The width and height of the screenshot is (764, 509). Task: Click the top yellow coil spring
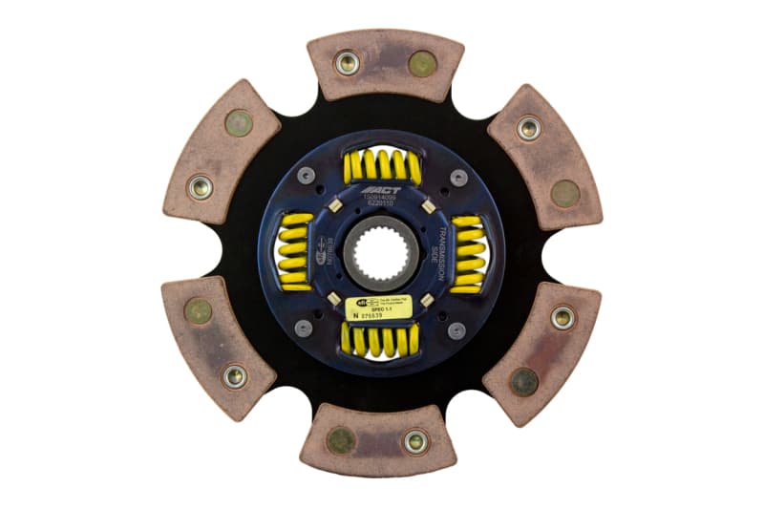(382, 166)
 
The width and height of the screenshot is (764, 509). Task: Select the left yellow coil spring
(295, 252)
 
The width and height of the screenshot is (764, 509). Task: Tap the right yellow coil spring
(468, 253)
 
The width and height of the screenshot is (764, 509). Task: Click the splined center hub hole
(381, 253)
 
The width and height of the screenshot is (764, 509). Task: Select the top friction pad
(385, 65)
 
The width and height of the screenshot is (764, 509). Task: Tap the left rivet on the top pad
(347, 63)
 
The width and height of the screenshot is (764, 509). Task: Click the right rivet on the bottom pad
(414, 441)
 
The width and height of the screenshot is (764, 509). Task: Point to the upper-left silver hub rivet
(305, 177)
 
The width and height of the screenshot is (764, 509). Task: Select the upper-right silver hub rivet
(458, 177)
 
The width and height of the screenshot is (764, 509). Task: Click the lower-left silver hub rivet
(304, 329)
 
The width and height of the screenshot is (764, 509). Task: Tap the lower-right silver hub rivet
(457, 330)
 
